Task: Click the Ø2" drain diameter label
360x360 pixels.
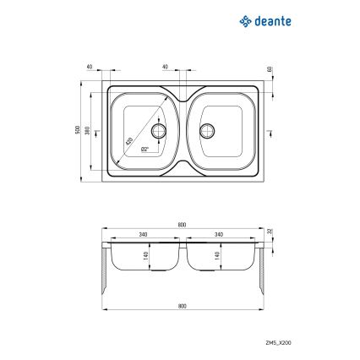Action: click(x=145, y=149)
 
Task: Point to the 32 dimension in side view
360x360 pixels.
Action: click(x=270, y=232)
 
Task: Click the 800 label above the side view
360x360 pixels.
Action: click(x=182, y=225)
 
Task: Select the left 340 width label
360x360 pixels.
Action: click(x=144, y=235)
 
